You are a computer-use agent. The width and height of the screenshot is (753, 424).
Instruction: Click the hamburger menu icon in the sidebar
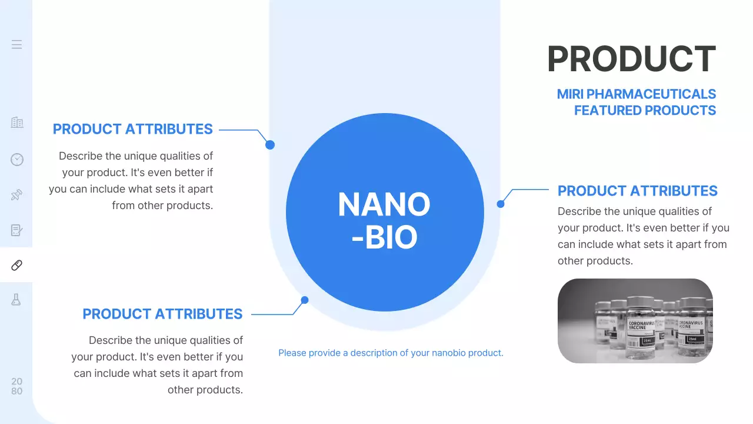pyautogui.click(x=16, y=44)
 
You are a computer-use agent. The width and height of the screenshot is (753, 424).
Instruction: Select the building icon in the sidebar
pyautogui.click(x=17, y=122)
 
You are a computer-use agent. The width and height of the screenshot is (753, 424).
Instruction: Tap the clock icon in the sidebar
pyautogui.click(x=17, y=160)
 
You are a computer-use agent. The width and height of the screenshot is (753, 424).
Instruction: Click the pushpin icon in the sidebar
pyautogui.click(x=16, y=195)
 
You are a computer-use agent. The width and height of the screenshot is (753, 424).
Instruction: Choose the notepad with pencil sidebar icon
pyautogui.click(x=16, y=230)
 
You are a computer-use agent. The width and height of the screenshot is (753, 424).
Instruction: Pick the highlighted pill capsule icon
pyautogui.click(x=16, y=265)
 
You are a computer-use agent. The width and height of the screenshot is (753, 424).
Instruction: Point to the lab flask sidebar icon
pyautogui.click(x=16, y=300)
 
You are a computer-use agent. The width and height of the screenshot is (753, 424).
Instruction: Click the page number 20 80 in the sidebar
pyautogui.click(x=17, y=386)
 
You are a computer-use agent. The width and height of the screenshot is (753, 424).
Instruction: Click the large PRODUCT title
pyautogui.click(x=631, y=59)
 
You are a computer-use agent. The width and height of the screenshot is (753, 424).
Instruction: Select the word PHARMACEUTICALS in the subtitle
pyautogui.click(x=651, y=94)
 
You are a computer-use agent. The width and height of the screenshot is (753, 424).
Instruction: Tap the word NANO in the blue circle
pyautogui.click(x=384, y=204)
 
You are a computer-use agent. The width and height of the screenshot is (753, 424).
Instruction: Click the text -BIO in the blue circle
pyautogui.click(x=385, y=237)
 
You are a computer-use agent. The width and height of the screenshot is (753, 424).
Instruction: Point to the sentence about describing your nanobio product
pyautogui.click(x=391, y=353)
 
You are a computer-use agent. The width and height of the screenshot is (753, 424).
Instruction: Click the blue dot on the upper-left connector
pyautogui.click(x=270, y=145)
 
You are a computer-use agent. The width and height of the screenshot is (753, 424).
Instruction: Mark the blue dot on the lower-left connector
pyautogui.click(x=305, y=300)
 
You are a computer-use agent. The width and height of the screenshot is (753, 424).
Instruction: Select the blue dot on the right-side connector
pyautogui.click(x=501, y=204)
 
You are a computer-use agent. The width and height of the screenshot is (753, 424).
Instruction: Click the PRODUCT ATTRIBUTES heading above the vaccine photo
pyautogui.click(x=637, y=191)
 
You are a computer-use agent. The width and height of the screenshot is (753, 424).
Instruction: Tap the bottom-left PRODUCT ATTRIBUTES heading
pyautogui.click(x=162, y=314)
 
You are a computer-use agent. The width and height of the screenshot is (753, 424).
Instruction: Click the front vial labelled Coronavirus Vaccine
pyautogui.click(x=641, y=326)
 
